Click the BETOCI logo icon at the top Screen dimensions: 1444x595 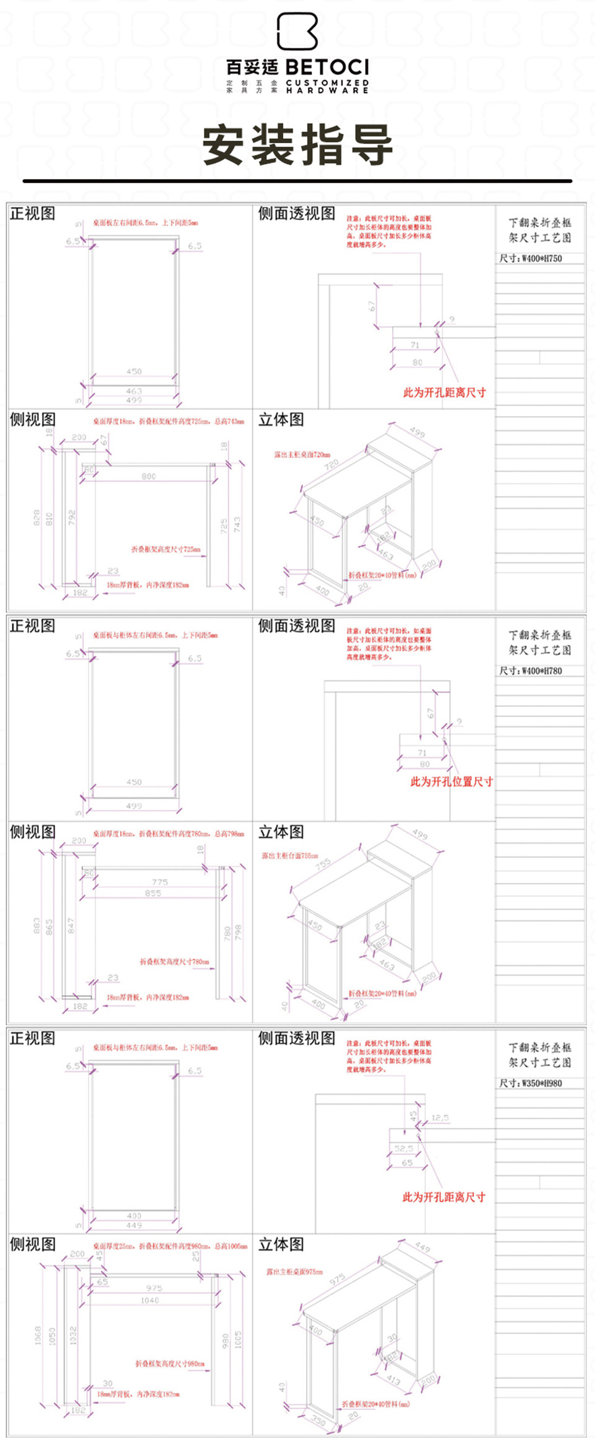point(297,31)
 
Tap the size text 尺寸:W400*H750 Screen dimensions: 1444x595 point(531,258)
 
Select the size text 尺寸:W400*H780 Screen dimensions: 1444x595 point(531,671)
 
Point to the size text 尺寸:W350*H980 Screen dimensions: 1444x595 point(531,1083)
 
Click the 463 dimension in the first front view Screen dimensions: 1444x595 point(134,391)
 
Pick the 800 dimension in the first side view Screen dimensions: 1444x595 point(149,476)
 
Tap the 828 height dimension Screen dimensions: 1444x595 point(37,517)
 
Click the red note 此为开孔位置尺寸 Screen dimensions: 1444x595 point(451,781)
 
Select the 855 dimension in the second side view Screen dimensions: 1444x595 point(153,893)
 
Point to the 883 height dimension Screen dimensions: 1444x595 point(37,926)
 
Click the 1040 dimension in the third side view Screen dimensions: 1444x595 point(149,1300)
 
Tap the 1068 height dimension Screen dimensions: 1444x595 point(38,1335)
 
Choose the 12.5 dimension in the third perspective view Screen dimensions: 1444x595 point(440,1118)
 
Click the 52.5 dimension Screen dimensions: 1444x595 point(403,1148)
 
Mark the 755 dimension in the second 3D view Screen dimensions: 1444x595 point(323,865)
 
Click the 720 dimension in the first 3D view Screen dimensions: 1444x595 point(332,464)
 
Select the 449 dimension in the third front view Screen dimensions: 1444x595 point(134,1225)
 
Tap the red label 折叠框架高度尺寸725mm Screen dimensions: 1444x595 point(165,549)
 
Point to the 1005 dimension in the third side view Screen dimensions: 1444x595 point(238,1340)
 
